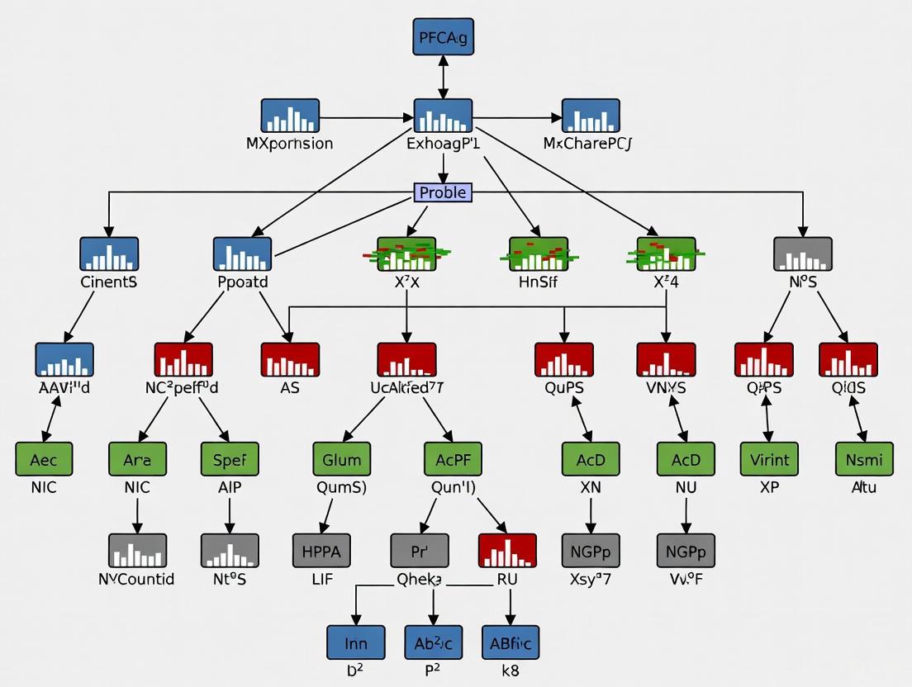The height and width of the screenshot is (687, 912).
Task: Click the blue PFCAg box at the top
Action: coord(443,36)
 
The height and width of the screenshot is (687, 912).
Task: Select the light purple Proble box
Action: coord(443,192)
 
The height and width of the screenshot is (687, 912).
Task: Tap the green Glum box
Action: coord(342,459)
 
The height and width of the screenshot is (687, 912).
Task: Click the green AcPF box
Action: coord(453,459)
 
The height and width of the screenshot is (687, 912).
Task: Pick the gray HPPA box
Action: coord(322,550)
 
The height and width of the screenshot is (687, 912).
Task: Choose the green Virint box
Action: coord(770,459)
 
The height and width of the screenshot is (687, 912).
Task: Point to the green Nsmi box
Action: coord(864,459)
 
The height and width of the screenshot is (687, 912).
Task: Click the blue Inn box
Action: coord(355,642)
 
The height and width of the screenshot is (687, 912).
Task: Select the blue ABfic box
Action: coord(511,642)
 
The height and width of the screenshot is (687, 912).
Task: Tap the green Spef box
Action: coord(230,459)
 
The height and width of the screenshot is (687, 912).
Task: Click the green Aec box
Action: coord(44,459)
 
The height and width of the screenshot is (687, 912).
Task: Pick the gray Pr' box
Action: coord(420,550)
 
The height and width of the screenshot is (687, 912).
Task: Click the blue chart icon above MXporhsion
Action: coord(290,116)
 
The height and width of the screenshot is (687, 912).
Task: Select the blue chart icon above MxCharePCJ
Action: coord(591,116)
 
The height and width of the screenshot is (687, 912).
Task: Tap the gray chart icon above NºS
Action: coord(802,253)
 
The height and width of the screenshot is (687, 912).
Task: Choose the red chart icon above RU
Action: coord(507,550)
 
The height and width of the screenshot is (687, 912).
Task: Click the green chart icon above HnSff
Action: coord(539,253)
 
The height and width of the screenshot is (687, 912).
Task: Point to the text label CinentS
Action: coord(109,282)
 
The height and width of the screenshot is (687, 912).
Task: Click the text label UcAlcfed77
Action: coord(406,387)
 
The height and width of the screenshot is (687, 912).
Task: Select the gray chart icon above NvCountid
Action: coord(137,550)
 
